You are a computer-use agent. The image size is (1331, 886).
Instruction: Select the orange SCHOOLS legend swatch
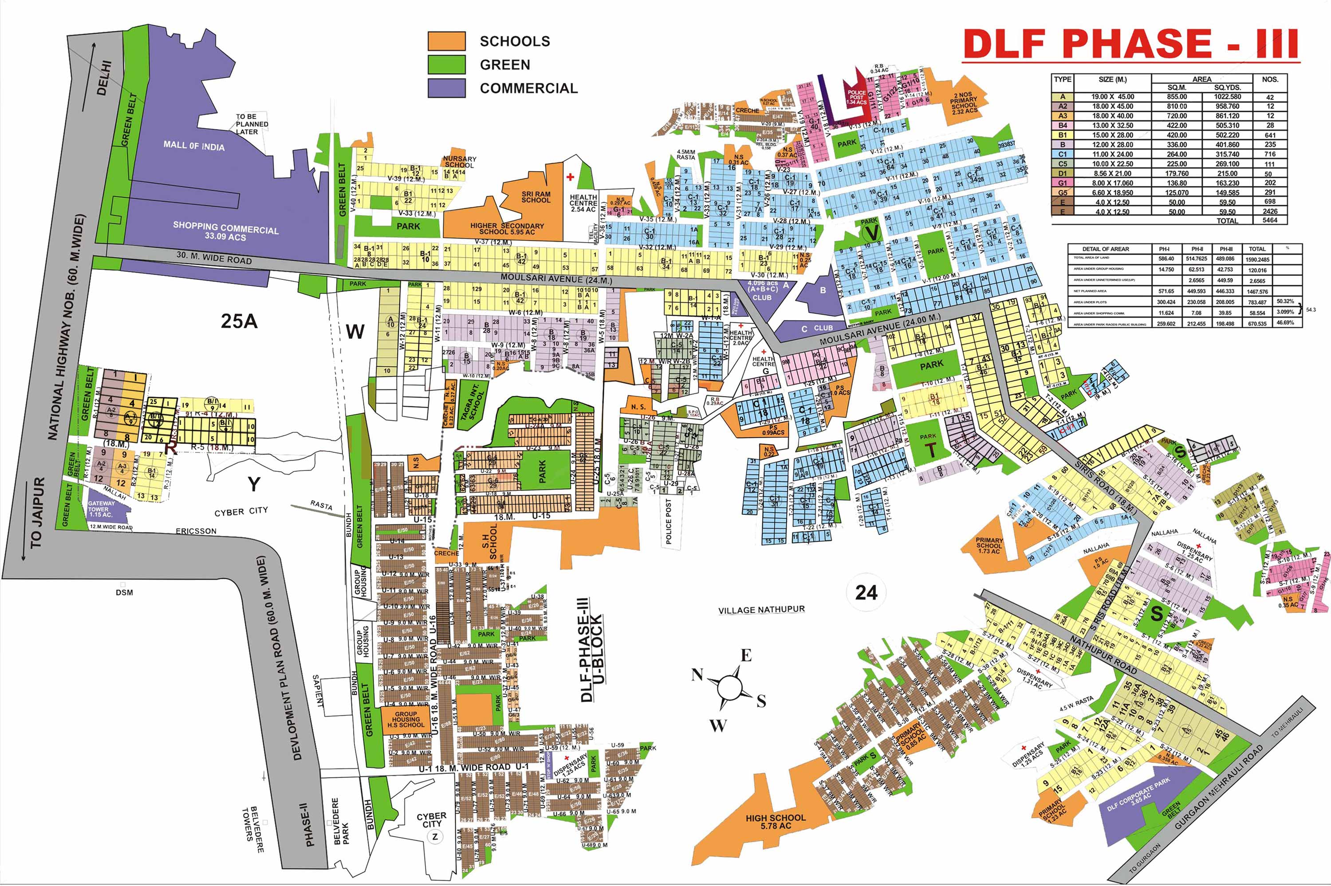click(x=446, y=41)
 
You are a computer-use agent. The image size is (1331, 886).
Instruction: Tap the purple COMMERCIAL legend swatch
click(x=446, y=88)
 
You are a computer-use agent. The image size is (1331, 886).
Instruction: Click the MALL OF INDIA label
click(x=194, y=146)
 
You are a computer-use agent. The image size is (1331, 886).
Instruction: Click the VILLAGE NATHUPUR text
click(x=761, y=610)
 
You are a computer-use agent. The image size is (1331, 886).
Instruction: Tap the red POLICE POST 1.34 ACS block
click(x=856, y=97)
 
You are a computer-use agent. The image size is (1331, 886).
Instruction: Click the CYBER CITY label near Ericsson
click(x=241, y=512)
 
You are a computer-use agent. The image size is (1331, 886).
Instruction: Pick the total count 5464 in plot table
click(x=1269, y=220)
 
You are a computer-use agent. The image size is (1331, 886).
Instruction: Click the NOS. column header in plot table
click(x=1269, y=80)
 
